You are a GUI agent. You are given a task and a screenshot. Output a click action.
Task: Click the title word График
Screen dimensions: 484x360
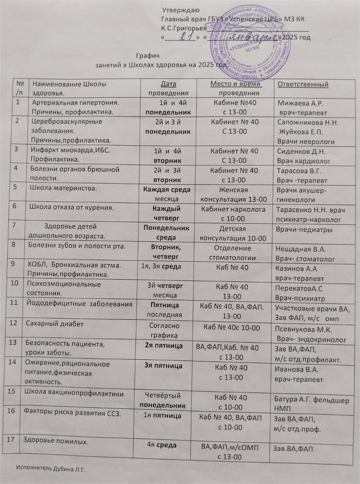pyautogui.click(x=148, y=56)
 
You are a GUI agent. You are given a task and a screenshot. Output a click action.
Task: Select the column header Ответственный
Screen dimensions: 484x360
pyautogui.click(x=303, y=84)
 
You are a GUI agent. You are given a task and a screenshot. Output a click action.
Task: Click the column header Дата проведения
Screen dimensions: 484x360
pyautogui.click(x=168, y=88)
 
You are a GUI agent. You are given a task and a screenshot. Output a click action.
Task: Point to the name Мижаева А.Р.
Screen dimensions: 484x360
pyautogui.click(x=300, y=103)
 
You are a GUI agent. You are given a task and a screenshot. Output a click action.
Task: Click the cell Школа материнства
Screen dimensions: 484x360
pyautogui.click(x=63, y=188)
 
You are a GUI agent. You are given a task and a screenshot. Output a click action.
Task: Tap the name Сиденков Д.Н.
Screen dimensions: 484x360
pyautogui.click(x=301, y=151)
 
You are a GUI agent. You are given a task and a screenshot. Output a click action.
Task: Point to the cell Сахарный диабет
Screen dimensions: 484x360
pyautogui.click(x=54, y=324)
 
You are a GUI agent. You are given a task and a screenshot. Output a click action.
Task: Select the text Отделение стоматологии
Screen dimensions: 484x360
pyautogui.click(x=232, y=253)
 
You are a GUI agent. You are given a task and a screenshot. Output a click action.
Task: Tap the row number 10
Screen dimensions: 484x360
pyautogui.click(x=14, y=283)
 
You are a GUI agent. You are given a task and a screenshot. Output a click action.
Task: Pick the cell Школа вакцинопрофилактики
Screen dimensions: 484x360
pyautogui.click(x=74, y=394)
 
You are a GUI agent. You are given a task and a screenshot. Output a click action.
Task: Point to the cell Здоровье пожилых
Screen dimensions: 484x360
pyautogui.click(x=56, y=441)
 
